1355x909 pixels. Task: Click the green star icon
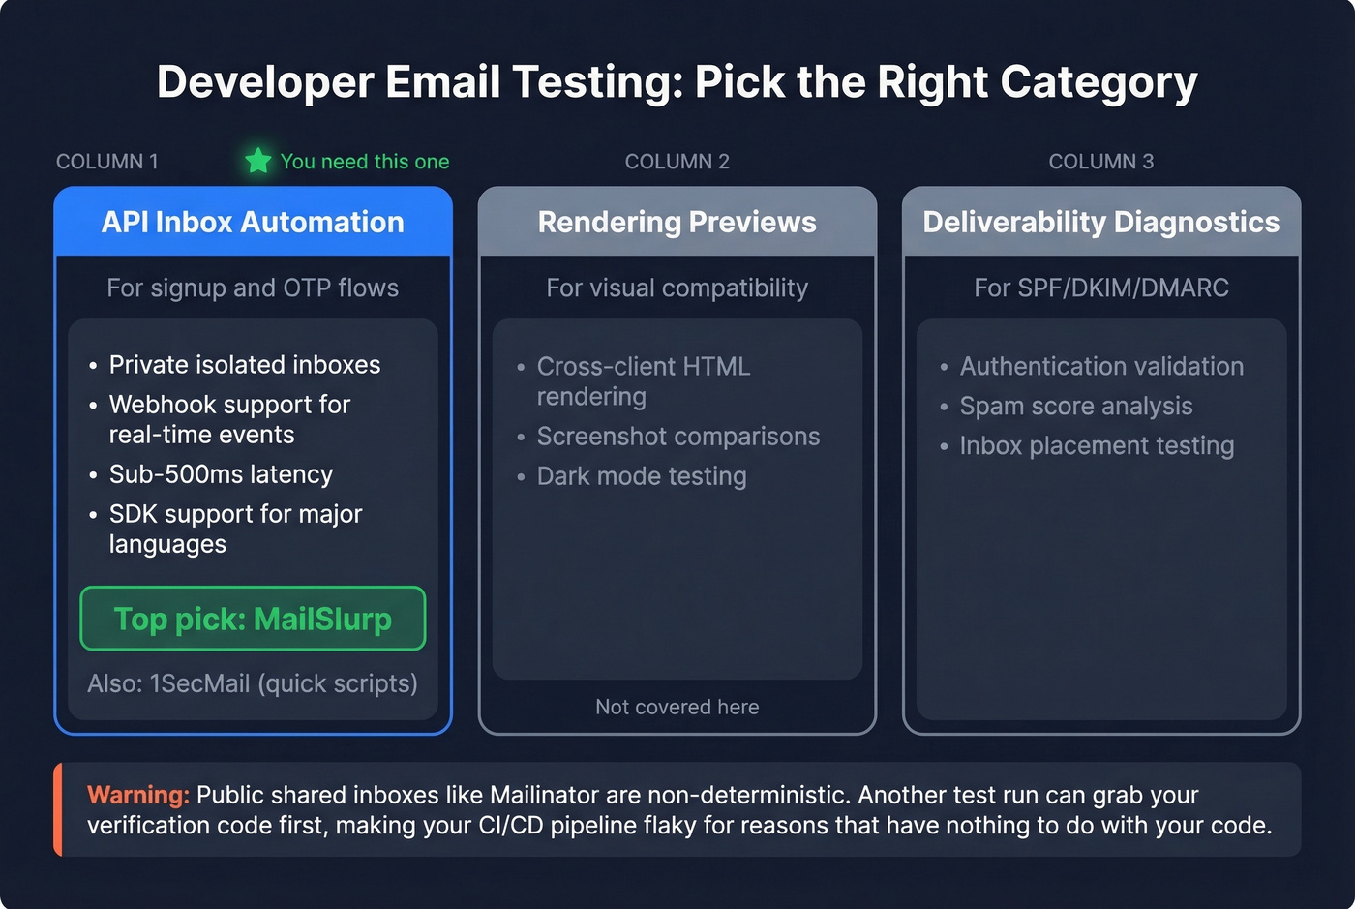click(x=258, y=161)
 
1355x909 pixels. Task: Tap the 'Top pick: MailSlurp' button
click(x=253, y=619)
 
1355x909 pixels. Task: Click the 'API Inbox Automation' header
click(x=253, y=222)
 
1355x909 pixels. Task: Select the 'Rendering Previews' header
click(x=677, y=222)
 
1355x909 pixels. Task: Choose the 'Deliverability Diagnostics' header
click(x=1100, y=222)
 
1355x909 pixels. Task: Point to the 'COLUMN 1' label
click(x=106, y=162)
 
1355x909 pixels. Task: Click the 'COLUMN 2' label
click(x=677, y=162)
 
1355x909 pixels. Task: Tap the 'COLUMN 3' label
click(x=1100, y=162)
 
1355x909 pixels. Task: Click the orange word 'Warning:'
click(x=137, y=795)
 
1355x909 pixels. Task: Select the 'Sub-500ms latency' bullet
click(x=221, y=474)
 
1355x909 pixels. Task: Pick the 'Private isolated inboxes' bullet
click(x=244, y=365)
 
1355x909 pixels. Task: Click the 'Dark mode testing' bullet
click(x=642, y=476)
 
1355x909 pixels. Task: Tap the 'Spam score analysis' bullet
click(x=1075, y=406)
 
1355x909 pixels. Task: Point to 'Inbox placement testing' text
click(x=1097, y=445)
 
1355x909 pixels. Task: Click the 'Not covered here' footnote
click(x=677, y=707)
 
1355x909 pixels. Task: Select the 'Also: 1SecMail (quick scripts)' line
click(x=253, y=683)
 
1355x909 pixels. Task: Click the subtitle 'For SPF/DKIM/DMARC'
click(x=1100, y=288)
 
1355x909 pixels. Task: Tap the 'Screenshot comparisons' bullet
click(x=677, y=437)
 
